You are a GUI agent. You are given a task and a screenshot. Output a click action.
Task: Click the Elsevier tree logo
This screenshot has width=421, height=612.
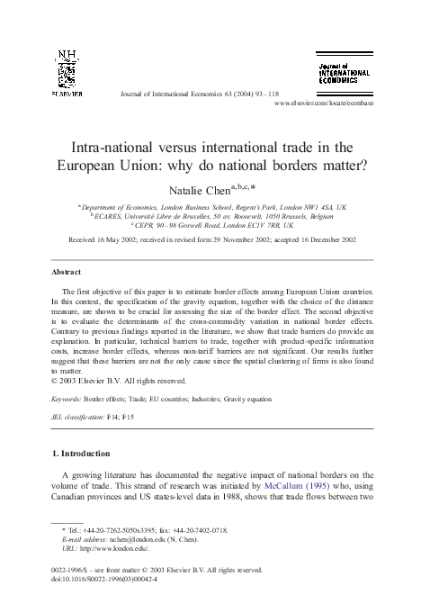(x=68, y=73)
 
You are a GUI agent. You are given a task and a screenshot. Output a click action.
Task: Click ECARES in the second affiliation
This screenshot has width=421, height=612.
(x=112, y=216)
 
